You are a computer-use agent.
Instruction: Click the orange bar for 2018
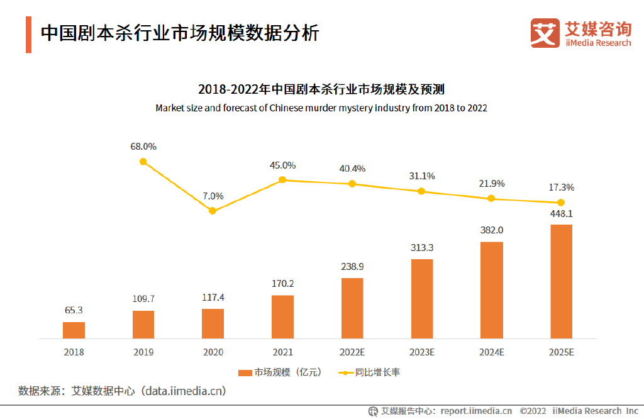click(x=74, y=330)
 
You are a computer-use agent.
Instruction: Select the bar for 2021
click(x=282, y=316)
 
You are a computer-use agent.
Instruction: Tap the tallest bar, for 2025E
click(x=561, y=281)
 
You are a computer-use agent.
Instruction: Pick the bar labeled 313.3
click(x=422, y=299)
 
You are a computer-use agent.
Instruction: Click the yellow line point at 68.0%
click(x=143, y=162)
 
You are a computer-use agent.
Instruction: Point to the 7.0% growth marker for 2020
click(x=213, y=211)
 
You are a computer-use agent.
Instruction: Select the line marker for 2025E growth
click(x=561, y=203)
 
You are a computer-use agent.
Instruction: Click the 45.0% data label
click(x=282, y=165)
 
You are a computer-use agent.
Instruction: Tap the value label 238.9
click(x=352, y=267)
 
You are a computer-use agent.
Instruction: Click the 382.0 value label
click(x=492, y=231)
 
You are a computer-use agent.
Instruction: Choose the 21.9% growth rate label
click(x=492, y=184)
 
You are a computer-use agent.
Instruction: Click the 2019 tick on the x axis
click(x=143, y=352)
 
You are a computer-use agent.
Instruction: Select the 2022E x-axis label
click(x=352, y=352)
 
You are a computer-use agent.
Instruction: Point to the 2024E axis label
click(x=492, y=352)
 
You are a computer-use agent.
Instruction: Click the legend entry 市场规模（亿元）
click(x=280, y=372)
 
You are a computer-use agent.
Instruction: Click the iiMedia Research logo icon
click(x=545, y=33)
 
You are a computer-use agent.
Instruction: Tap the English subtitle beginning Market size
click(x=321, y=108)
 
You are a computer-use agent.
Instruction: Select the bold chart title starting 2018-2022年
click(x=321, y=89)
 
